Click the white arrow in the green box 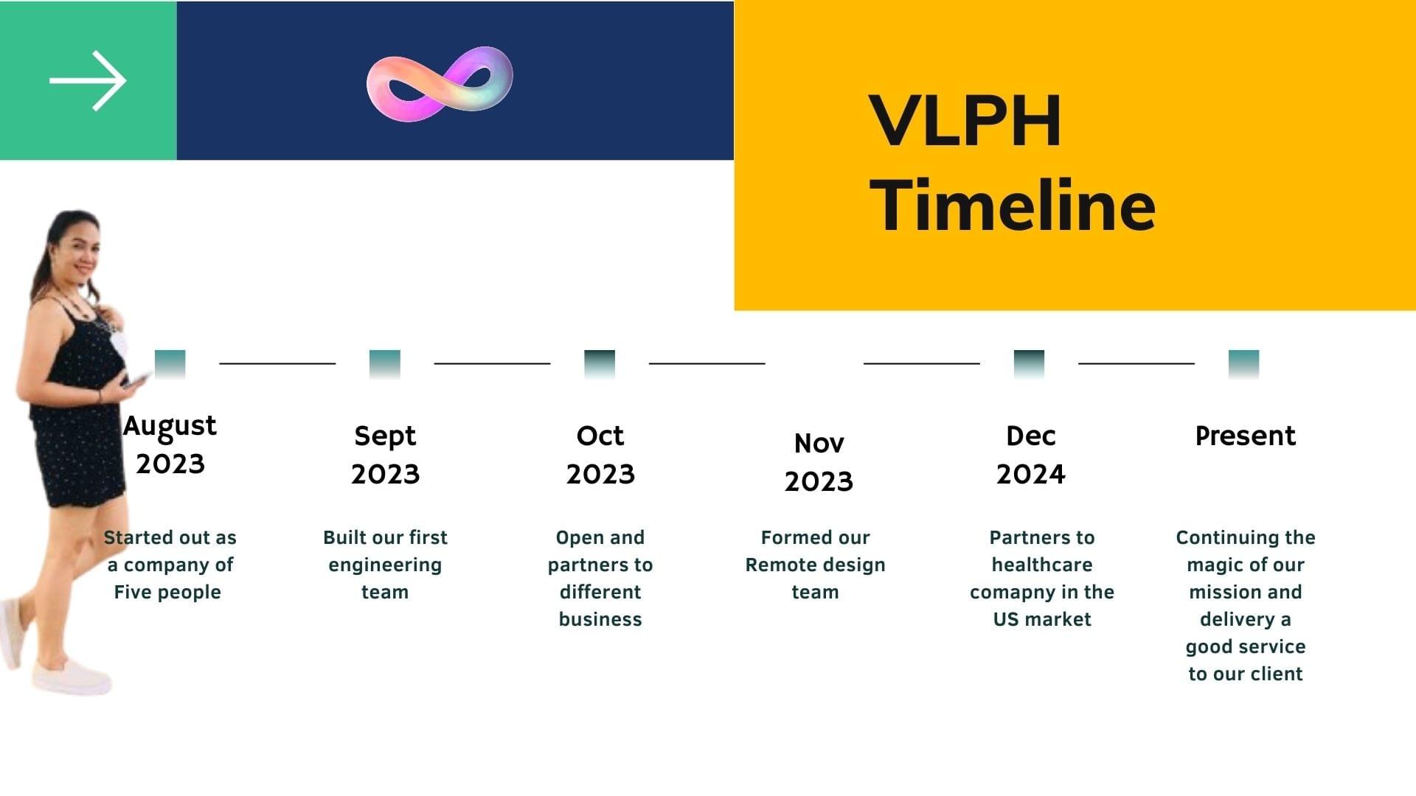point(88,80)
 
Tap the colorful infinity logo point(440,83)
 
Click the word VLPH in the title point(965,120)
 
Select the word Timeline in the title point(1013,205)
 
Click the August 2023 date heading point(170,444)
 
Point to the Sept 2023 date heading point(385,454)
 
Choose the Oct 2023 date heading point(600,454)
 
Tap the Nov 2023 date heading point(819,461)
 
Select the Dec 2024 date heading point(1031,454)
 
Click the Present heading point(1246,436)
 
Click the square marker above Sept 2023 point(385,364)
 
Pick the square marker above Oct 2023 point(600,364)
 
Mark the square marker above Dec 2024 point(1029,364)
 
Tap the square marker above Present point(1244,364)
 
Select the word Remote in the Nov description point(777,565)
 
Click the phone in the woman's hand point(136,380)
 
